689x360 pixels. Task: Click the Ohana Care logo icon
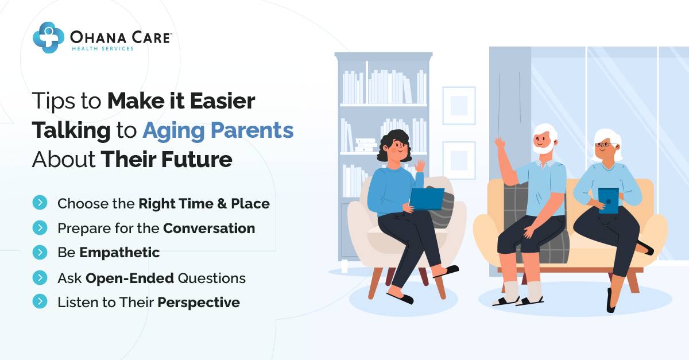pyautogui.click(x=48, y=37)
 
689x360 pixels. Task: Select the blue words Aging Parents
pyautogui.click(x=218, y=131)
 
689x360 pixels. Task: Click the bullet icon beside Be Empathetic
pyautogui.click(x=40, y=252)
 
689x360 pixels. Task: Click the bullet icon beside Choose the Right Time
pyautogui.click(x=40, y=202)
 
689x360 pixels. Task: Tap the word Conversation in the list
pyautogui.click(x=209, y=228)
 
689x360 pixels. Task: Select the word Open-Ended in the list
pyautogui.click(x=129, y=278)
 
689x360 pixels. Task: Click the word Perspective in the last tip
pyautogui.click(x=199, y=303)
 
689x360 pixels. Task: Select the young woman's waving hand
pyautogui.click(x=420, y=166)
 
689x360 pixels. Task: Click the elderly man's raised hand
pyautogui.click(x=500, y=143)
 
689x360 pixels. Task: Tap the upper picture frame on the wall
pyautogui.click(x=459, y=105)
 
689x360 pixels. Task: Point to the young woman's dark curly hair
pyautogui.click(x=393, y=144)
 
